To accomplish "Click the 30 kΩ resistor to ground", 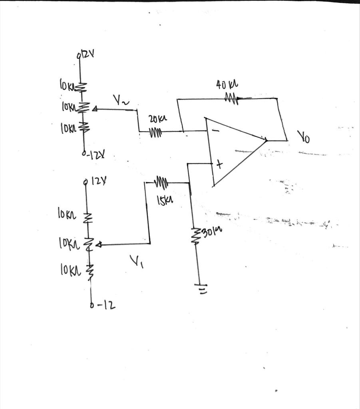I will pyautogui.click(x=195, y=236).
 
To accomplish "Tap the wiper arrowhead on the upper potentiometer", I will pyautogui.click(x=94, y=108).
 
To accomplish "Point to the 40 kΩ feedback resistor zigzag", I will pyautogui.click(x=231, y=98).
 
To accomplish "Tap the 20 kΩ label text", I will pyautogui.click(x=157, y=119).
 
